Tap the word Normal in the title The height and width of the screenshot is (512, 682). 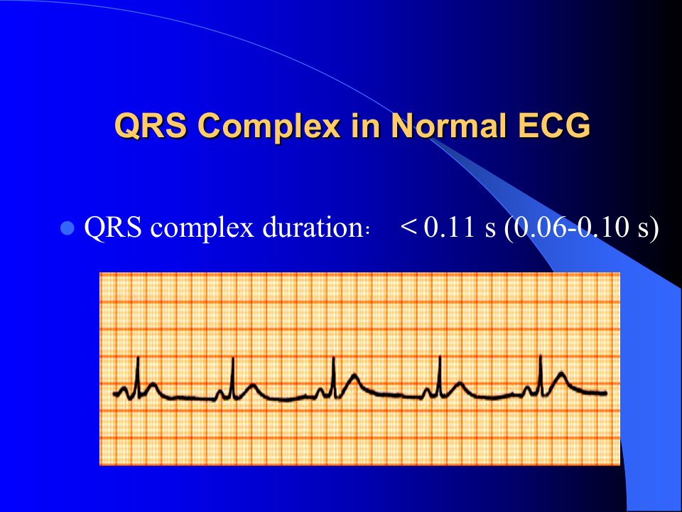[x=449, y=125]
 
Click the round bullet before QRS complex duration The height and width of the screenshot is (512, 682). [x=67, y=228]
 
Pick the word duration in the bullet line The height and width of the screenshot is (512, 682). [x=313, y=227]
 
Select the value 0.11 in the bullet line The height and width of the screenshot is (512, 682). [x=449, y=228]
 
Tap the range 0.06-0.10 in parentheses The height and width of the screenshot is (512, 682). [x=571, y=228]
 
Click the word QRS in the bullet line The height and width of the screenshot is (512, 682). [x=113, y=228]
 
